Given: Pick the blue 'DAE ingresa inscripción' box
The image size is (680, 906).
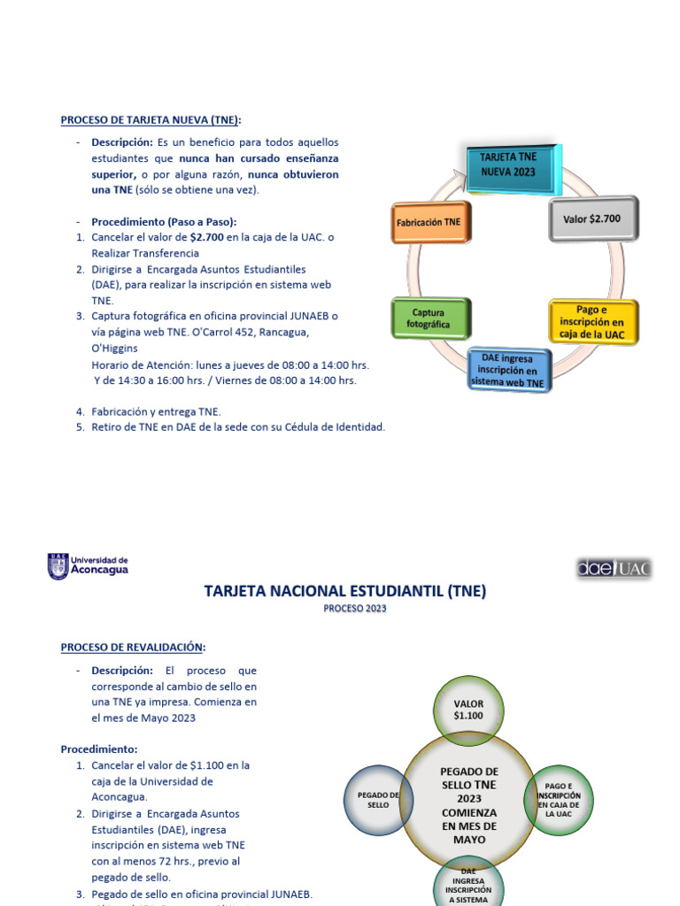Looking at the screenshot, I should coord(508,370).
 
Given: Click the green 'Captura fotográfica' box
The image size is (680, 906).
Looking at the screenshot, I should coord(429,319).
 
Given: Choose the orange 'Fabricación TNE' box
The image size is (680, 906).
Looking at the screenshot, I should coord(429,223).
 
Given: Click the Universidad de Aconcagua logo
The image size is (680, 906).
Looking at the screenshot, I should coord(88,565).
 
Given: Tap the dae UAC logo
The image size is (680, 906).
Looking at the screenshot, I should coord(613,568).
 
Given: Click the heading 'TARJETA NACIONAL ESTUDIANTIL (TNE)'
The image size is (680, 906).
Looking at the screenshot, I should coord(345,590).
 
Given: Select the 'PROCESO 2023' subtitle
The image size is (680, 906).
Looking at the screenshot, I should coord(354,609).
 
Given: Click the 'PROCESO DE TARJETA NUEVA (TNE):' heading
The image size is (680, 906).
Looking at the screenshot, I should coord(151,119).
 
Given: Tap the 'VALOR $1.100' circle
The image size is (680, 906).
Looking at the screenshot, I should coord(468,710).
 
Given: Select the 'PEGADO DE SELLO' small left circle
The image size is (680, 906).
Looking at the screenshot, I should coord(378,800).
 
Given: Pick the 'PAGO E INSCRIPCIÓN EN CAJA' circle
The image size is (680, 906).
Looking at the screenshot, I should coord(559,799).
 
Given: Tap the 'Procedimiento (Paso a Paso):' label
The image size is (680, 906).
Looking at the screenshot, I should coord(164,221).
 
